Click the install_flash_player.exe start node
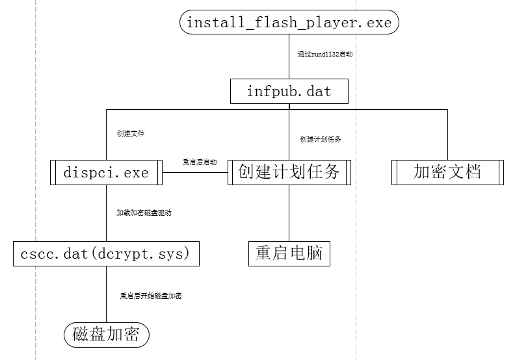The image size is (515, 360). click(289, 23)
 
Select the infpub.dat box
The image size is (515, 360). click(289, 92)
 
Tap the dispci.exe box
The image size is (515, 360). click(106, 173)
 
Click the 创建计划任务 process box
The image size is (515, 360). click(289, 173)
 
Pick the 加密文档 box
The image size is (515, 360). click(447, 173)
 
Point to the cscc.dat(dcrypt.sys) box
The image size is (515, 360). click(106, 253)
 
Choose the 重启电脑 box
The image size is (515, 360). click(289, 253)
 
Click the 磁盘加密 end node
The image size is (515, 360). click(106, 335)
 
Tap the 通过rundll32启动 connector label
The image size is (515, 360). click(324, 55)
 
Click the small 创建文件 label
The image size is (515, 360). click(130, 133)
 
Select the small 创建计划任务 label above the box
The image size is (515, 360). click(320, 139)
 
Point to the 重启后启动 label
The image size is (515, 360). click(199, 162)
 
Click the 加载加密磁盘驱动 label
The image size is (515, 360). click(144, 212)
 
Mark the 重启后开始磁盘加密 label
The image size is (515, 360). click(150, 296)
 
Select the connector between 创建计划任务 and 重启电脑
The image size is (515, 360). click(289, 214)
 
